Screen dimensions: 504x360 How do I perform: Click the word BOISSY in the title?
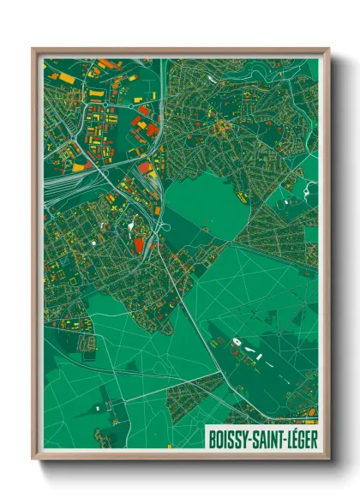pos(229,437)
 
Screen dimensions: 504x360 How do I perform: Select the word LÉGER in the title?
pos(301,437)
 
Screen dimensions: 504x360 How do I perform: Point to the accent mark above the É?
pos(296,429)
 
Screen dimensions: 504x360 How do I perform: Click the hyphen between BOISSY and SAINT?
pos(249,438)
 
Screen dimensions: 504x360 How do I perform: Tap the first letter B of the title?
pos(212,437)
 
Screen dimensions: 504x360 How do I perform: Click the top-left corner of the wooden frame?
pos(33,49)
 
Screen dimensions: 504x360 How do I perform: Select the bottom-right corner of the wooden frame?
pos(328,459)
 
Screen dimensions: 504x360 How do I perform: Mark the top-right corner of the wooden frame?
pos(328,49)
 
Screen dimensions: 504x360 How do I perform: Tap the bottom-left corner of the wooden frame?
pos(33,459)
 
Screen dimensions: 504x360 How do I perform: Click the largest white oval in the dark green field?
pos(237,343)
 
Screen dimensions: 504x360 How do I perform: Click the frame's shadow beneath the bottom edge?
pos(180,467)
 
